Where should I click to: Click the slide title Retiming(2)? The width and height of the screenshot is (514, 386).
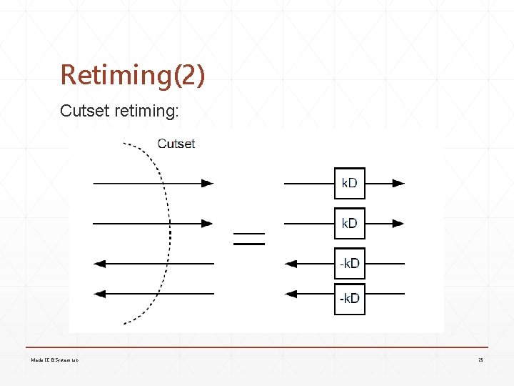[x=133, y=75]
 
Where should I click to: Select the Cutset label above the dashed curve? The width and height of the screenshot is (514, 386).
[x=176, y=144]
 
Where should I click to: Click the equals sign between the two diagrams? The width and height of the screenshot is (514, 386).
[x=249, y=238]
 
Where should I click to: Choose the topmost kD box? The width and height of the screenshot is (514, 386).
[x=349, y=183]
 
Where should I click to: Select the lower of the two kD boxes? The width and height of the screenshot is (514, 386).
[x=349, y=223]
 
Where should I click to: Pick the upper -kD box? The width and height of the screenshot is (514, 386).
[x=349, y=263]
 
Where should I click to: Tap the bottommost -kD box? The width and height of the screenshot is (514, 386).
[x=349, y=298]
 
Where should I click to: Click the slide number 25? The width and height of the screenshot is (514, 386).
[x=480, y=360]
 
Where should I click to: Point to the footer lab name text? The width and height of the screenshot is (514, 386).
[x=54, y=360]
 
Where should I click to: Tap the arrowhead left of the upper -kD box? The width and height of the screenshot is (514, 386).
[x=291, y=264]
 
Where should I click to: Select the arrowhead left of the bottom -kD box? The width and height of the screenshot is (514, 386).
[x=291, y=293]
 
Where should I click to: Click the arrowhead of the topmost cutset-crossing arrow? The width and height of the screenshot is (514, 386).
[x=207, y=183]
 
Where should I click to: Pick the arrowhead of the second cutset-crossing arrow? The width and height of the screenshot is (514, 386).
[x=207, y=223]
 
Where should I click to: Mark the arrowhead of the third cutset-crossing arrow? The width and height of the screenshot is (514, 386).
[x=100, y=264]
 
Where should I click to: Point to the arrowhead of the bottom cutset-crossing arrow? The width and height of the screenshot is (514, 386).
[x=100, y=293]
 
